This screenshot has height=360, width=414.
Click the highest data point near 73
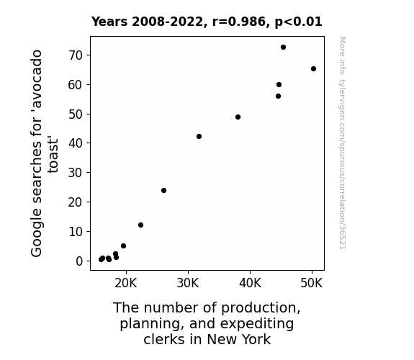tap(283, 48)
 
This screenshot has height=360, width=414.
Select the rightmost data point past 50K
tap(313, 69)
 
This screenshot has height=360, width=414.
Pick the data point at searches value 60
tap(279, 85)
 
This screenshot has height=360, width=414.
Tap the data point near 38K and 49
tap(238, 117)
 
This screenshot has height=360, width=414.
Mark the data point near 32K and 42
tap(199, 137)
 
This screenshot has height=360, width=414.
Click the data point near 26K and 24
tap(163, 190)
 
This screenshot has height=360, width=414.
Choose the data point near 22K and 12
tap(140, 225)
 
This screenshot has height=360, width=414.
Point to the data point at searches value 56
tap(279, 96)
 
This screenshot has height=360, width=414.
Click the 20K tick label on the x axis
tap(126, 284)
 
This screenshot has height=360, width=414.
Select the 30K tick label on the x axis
tap(188, 284)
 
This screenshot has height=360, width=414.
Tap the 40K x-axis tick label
tap(250, 284)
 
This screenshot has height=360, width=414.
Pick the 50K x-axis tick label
tap(312, 284)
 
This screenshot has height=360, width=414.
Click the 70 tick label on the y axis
tap(76, 55)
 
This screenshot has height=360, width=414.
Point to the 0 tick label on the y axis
tap(79, 261)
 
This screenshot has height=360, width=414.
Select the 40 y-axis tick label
tap(76, 143)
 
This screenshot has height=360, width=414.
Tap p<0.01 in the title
tap(298, 22)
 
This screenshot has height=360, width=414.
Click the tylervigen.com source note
tap(343, 143)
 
